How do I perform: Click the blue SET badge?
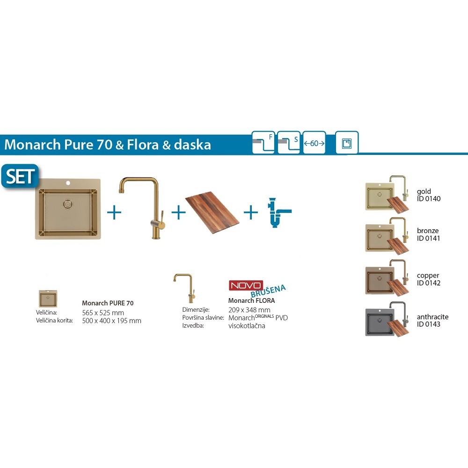point(20,176)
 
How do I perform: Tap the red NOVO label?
point(246,285)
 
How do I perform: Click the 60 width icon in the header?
point(314,143)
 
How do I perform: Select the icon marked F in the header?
point(263,143)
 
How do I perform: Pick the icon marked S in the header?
point(289,143)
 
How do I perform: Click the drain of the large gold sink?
point(68,204)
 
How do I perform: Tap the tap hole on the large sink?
point(68,183)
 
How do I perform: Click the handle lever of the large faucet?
point(161,219)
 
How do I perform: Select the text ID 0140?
point(429,199)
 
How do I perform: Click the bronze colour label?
point(428,230)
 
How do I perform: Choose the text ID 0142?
point(429,283)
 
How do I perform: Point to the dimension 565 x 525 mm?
point(103,313)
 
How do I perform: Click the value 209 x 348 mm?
point(249,310)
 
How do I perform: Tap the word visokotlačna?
point(247,326)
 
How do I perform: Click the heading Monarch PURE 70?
point(108,303)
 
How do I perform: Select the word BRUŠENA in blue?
point(268,291)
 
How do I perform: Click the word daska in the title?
point(192,145)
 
